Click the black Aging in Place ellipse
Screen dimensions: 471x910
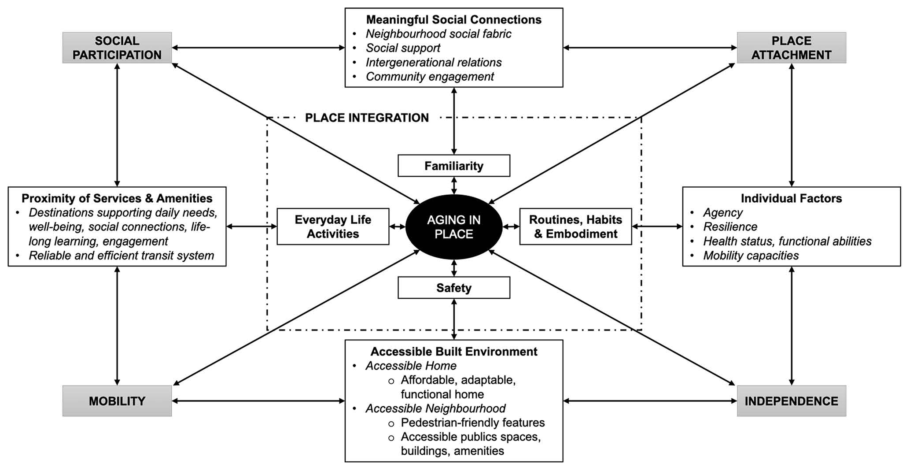click(453, 227)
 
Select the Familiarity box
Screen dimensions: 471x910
click(453, 166)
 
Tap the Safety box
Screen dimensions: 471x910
click(453, 288)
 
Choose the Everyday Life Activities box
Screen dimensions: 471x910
click(333, 226)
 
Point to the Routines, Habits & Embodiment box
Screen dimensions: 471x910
click(575, 226)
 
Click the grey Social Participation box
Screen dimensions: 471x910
click(117, 48)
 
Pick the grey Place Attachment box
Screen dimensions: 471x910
click(791, 48)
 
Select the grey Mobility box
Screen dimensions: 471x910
click(117, 401)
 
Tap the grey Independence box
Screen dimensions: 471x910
click(791, 401)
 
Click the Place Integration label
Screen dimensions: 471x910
click(367, 118)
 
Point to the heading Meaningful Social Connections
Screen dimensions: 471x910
click(453, 20)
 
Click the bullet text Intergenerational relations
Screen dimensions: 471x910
click(434, 63)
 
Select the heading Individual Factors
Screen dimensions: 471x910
click(791, 198)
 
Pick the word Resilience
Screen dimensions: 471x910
click(730, 227)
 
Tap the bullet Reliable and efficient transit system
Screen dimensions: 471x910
click(121, 256)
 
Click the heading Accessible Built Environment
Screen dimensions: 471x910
click(453, 352)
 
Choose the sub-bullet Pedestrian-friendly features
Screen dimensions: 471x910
click(472, 423)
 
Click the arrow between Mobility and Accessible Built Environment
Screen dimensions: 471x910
click(258, 401)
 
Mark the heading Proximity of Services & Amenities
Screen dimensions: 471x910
click(117, 198)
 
